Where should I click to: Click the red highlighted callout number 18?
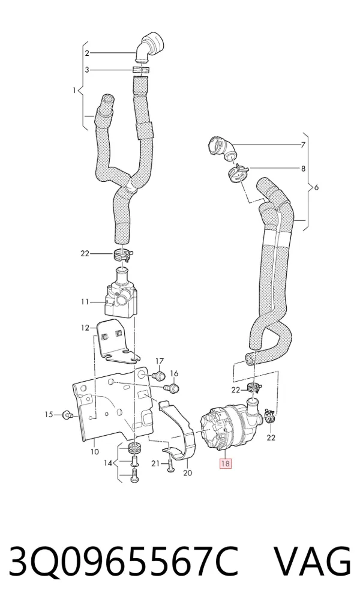pyautogui.click(x=226, y=463)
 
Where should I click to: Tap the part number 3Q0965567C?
pyautogui.click(x=124, y=562)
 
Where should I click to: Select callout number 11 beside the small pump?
pyautogui.click(x=85, y=302)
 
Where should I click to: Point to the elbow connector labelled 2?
pyautogui.click(x=149, y=47)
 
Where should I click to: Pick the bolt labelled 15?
pyautogui.click(x=67, y=415)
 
